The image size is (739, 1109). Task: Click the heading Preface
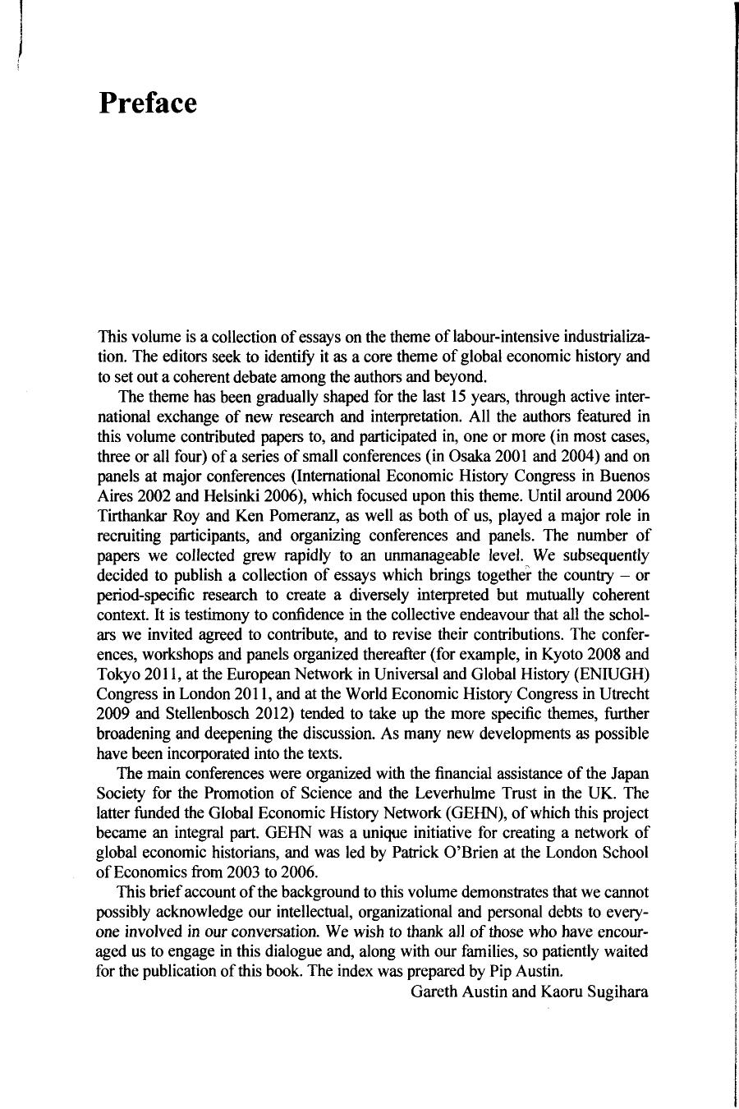148,104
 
